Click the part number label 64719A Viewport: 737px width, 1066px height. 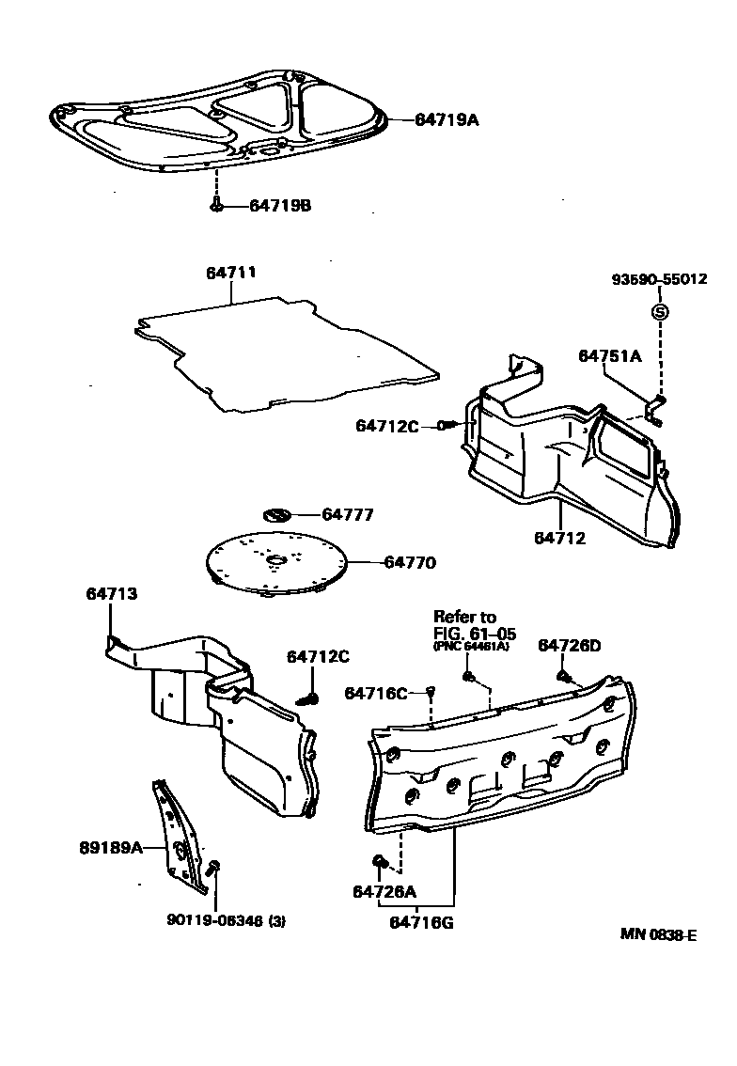point(447,119)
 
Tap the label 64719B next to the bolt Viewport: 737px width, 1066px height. point(279,206)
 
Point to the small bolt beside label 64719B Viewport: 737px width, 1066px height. point(217,205)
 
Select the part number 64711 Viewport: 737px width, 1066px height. point(231,273)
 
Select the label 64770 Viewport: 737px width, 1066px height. point(410,563)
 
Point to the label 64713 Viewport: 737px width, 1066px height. point(111,593)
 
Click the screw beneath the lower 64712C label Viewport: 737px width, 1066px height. point(307,698)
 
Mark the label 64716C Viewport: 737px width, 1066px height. point(375,693)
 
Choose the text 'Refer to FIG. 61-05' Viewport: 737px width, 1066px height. point(475,625)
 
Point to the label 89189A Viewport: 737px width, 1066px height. point(110,847)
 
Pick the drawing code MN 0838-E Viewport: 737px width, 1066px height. point(658,934)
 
